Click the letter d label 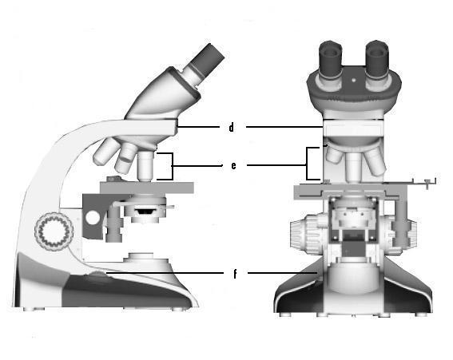coord(231,127)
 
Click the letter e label coord(233,165)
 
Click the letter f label coord(235,274)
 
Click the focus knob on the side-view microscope coord(54,231)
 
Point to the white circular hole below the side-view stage coord(93,217)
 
